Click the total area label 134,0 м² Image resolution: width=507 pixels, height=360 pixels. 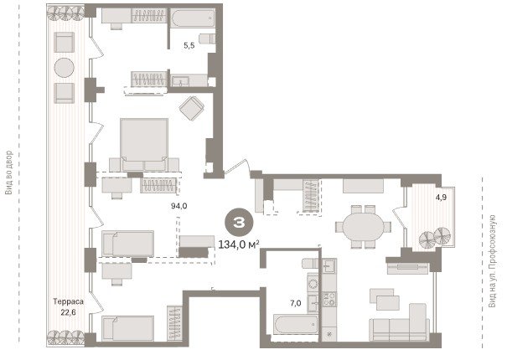tap(239, 244)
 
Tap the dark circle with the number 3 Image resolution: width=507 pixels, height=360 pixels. tap(240, 223)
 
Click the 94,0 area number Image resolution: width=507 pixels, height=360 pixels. tap(179, 206)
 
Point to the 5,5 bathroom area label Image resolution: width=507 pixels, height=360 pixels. tap(189, 45)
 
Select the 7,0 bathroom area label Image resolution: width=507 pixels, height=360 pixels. tap(296, 303)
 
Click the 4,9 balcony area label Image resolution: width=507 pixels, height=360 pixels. tap(441, 197)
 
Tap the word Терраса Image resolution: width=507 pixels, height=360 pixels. tap(68, 301)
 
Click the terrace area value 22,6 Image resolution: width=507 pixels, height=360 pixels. tap(68, 312)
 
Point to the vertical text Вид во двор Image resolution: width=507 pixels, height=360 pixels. tap(8, 172)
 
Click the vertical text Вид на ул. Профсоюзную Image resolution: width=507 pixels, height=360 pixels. tap(492, 260)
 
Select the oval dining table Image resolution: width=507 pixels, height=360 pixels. tap(363, 227)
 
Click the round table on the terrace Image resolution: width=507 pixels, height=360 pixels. tap(64, 68)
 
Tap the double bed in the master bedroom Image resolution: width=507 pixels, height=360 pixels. tap(144, 145)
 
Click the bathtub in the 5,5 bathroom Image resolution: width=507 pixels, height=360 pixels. tap(193, 18)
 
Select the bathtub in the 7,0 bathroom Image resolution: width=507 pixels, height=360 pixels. tap(296, 324)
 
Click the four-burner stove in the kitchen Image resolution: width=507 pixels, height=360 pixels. tap(329, 299)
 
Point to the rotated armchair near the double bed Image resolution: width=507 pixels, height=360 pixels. tap(192, 108)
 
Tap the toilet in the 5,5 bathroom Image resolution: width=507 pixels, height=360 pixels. tap(207, 39)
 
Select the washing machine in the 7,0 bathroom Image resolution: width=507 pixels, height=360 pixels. tap(313, 284)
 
